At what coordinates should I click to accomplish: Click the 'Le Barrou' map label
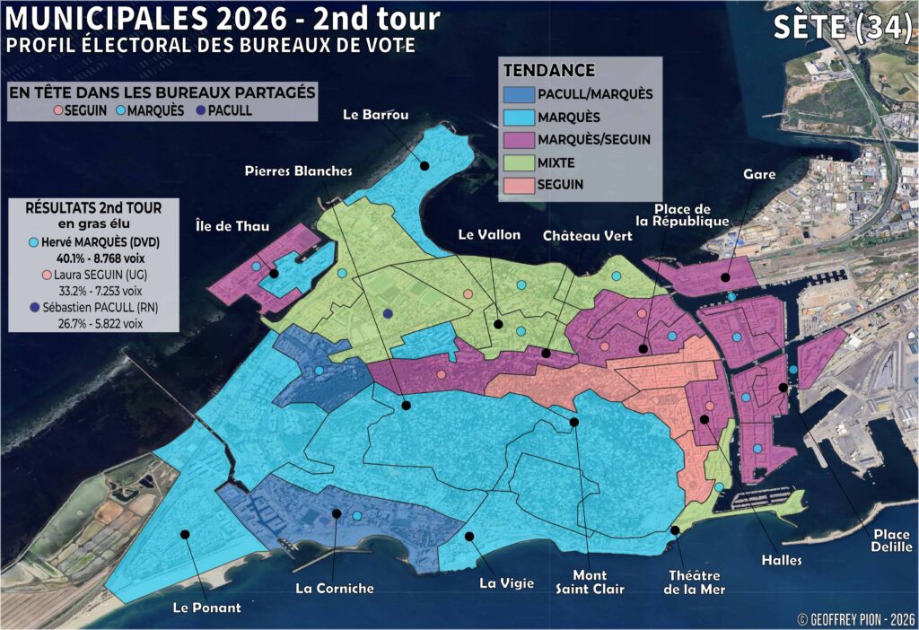click(x=376, y=115)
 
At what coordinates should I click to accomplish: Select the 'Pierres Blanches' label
click(x=299, y=171)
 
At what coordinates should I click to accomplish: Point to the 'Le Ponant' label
click(x=206, y=608)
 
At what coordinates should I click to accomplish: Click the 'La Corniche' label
click(x=334, y=589)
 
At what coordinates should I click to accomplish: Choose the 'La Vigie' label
click(x=506, y=583)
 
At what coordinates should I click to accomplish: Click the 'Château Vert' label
click(x=587, y=235)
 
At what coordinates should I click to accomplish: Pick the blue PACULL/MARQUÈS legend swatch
click(x=519, y=93)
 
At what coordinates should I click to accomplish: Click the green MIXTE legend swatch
click(x=519, y=162)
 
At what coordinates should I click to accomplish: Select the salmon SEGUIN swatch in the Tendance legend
click(x=519, y=185)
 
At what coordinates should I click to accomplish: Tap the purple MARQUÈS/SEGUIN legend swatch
click(x=519, y=139)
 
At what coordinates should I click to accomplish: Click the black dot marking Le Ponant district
click(x=185, y=534)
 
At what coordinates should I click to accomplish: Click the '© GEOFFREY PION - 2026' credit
click(x=853, y=618)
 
